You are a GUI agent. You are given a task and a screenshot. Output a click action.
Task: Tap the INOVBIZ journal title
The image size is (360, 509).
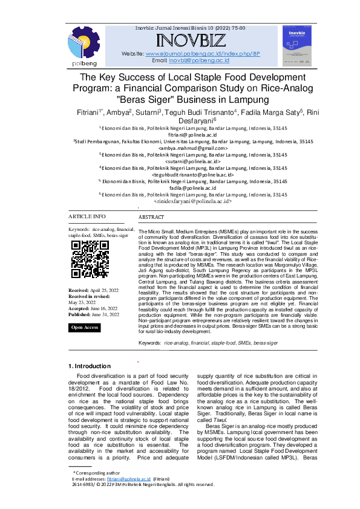[191, 42]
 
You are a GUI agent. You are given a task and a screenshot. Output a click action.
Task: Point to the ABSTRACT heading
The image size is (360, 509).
[151, 217]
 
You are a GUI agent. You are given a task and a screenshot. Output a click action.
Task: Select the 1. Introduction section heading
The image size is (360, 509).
[89, 366]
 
